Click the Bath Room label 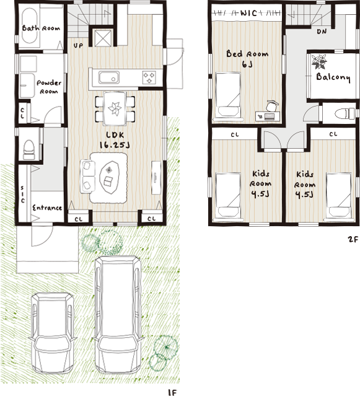click(x=41, y=28)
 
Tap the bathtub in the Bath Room click(x=30, y=26)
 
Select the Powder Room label click(x=49, y=87)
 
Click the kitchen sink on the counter click(x=108, y=77)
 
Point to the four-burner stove click(x=149, y=77)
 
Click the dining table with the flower click(x=115, y=108)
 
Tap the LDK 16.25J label click(x=115, y=140)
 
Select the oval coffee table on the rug click(x=109, y=177)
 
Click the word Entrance click(x=47, y=208)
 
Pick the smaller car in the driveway click(x=52, y=333)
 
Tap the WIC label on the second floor click(x=248, y=12)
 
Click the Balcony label click(x=333, y=77)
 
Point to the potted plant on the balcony click(x=319, y=61)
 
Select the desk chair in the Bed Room click(x=273, y=105)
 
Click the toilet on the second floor click(x=346, y=113)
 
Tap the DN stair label click(x=322, y=32)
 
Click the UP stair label click(x=78, y=45)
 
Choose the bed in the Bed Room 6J click(x=228, y=95)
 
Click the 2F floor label click(x=353, y=239)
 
